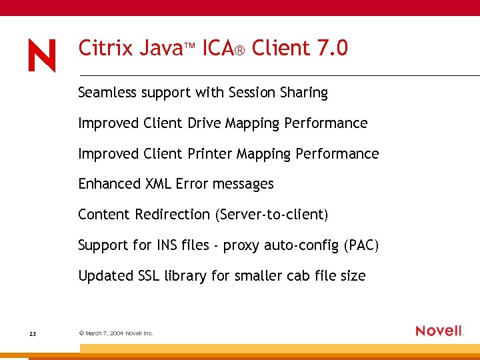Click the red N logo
[42, 55]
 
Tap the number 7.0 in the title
[333, 48]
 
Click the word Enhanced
[109, 184]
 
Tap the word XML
[159, 184]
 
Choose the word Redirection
[173, 215]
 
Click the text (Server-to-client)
[271, 215]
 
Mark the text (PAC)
[361, 245]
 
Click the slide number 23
[33, 333]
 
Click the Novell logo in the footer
[439, 331]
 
